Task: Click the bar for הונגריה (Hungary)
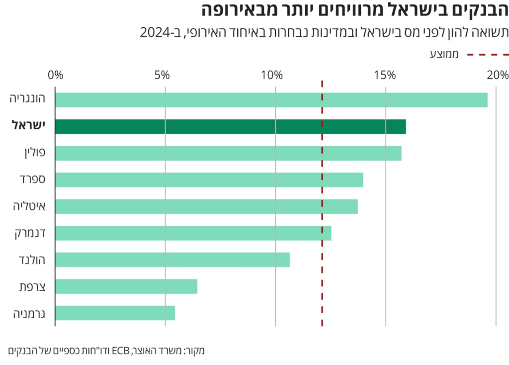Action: tap(271, 100)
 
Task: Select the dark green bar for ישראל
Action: tap(230, 127)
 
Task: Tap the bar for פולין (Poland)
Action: tap(228, 153)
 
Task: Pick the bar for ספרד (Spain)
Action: tap(209, 180)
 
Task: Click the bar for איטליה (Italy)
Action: tap(206, 206)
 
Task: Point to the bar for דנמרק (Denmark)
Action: tap(193, 233)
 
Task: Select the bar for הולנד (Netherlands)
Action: tap(172, 260)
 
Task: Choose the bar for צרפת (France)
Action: tap(126, 286)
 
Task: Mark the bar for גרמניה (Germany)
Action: tap(115, 313)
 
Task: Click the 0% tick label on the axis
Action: tap(56, 76)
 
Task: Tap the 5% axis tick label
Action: tap(163, 76)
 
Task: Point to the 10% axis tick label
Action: tap(272, 76)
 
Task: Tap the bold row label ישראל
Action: tap(28, 126)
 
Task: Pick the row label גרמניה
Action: tap(29, 313)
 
